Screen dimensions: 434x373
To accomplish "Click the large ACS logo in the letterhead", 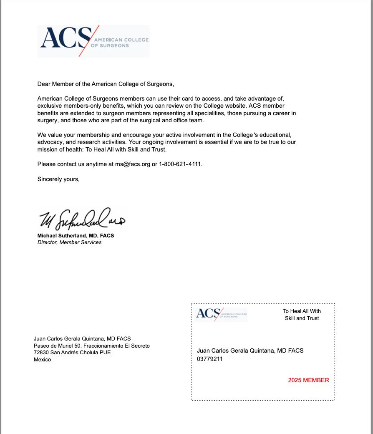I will pyautogui.click(x=93, y=41).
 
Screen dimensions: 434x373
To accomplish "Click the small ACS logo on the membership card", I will pyautogui.click(x=221, y=314).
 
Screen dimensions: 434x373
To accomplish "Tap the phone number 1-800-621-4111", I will pyautogui.click(x=180, y=164).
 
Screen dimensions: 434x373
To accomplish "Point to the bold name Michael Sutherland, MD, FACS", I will pyautogui.click(x=76, y=235).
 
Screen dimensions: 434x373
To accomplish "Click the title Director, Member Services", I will pyautogui.click(x=69, y=242).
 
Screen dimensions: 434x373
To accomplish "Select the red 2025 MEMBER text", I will pyautogui.click(x=308, y=380).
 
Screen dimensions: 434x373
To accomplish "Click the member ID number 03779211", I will pyautogui.click(x=210, y=358).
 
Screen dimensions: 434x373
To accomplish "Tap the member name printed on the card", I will pyautogui.click(x=250, y=351).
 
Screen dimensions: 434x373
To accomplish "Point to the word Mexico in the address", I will pyautogui.click(x=42, y=359).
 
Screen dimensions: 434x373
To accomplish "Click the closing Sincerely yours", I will pyautogui.click(x=58, y=179).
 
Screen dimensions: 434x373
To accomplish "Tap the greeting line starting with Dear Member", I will pyautogui.click(x=105, y=84).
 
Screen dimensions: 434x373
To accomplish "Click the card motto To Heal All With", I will pyautogui.click(x=302, y=311).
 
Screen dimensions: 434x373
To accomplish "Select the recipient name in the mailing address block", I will pyautogui.click(x=82, y=338).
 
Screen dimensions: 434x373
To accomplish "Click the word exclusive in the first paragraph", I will pyautogui.click(x=50, y=106).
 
